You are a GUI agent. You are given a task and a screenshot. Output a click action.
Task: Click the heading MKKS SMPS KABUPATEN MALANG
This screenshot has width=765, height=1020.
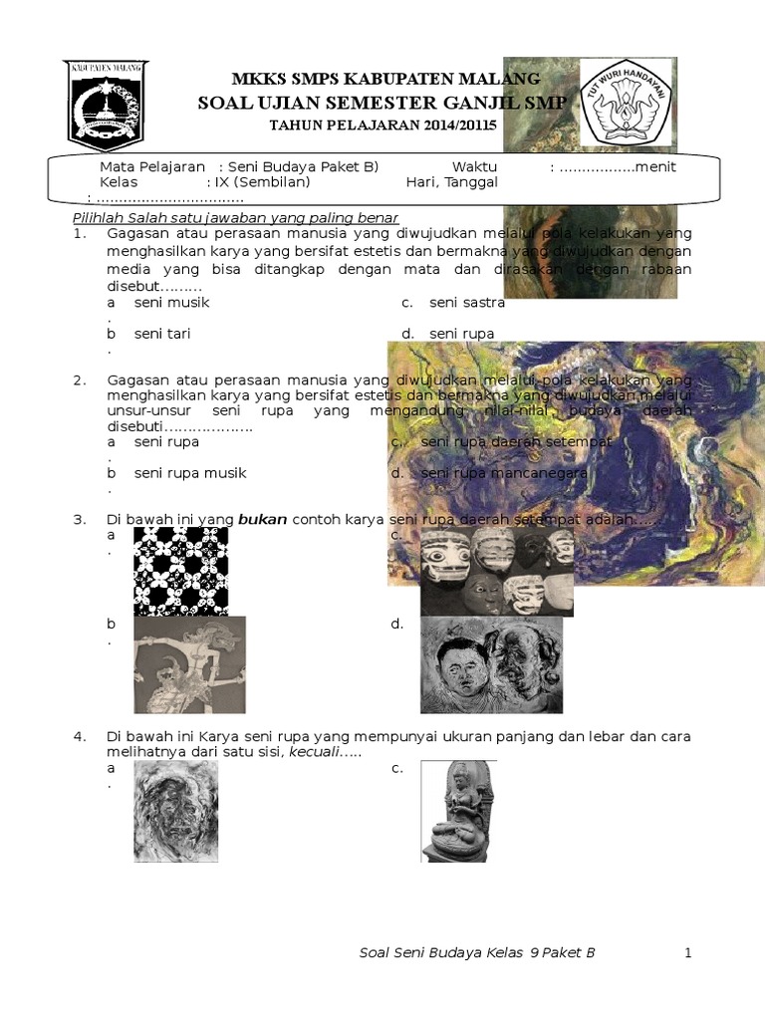385,79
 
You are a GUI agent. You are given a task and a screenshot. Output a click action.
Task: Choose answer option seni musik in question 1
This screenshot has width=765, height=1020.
171,302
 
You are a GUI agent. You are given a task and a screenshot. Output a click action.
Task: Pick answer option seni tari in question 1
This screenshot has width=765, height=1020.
162,334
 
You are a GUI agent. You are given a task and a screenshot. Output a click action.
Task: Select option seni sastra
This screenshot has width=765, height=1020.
466,302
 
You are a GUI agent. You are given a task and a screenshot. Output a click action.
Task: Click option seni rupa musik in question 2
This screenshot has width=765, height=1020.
190,473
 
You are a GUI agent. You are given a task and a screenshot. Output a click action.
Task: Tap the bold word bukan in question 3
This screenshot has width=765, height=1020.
262,519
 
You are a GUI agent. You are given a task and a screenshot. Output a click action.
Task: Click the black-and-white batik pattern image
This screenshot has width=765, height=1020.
180,571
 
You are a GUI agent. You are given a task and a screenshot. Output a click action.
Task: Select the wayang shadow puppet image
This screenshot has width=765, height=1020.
189,663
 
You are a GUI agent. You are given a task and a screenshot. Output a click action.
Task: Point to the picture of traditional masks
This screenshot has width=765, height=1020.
496,571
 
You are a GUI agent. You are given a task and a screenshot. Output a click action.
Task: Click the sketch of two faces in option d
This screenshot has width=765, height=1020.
491,663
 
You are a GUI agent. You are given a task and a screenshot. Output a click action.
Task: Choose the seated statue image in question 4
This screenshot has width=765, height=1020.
457,811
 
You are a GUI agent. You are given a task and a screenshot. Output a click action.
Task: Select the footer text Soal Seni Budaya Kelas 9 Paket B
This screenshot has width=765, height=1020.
476,953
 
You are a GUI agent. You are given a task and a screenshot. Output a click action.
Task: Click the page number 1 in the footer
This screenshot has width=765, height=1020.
687,953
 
